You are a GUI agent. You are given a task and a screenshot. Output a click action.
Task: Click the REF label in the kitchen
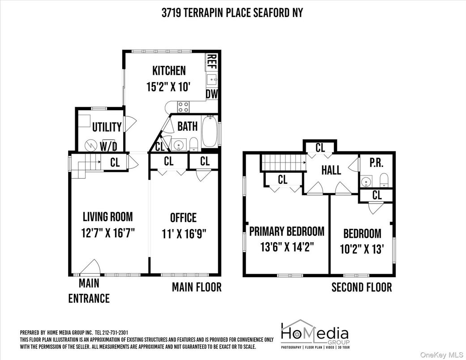point(212,62)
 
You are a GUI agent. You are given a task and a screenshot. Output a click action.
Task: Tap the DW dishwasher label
point(211,94)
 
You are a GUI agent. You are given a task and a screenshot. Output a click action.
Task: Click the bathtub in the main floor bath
point(209,132)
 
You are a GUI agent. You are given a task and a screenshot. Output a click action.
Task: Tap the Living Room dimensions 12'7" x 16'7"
point(108,233)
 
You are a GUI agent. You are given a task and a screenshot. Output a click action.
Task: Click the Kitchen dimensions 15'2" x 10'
point(169,86)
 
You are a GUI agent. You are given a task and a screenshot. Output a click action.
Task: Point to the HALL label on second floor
point(331,170)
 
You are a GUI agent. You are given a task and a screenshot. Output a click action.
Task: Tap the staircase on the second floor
point(282,163)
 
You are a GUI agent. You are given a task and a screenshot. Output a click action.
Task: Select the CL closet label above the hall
point(320,147)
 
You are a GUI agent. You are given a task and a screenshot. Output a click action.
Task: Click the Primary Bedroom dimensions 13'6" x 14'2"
point(286,247)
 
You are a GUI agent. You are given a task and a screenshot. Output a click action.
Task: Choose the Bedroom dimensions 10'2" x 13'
point(362,249)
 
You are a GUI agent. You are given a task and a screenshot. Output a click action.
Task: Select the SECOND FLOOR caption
point(361,287)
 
